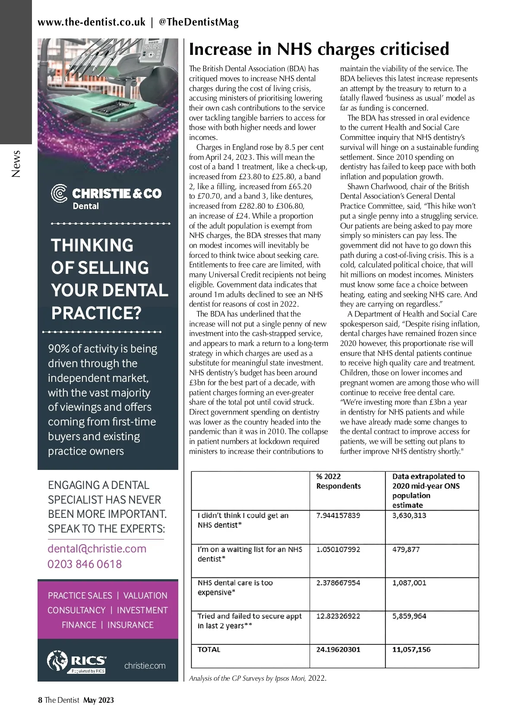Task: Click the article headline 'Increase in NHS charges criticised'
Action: tap(319, 49)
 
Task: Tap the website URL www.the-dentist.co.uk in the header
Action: tap(92, 22)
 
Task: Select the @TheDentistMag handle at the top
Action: tap(199, 22)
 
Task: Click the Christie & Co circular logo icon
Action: tap(59, 193)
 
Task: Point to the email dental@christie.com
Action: tap(97, 549)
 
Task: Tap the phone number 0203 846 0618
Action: tap(85, 564)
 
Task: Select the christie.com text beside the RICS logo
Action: tap(145, 666)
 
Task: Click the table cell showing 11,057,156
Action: tap(411, 650)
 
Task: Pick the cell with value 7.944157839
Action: tap(338, 515)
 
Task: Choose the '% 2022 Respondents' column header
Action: tap(338, 481)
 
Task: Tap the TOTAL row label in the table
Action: tap(209, 650)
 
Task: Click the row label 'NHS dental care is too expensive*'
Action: tap(235, 587)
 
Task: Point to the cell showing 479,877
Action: tap(406, 549)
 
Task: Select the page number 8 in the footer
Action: tap(40, 700)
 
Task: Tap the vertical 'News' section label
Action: tap(16, 164)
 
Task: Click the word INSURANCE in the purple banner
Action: tap(130, 625)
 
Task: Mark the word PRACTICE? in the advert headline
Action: tap(96, 313)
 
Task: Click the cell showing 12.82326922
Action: tap(338, 616)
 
